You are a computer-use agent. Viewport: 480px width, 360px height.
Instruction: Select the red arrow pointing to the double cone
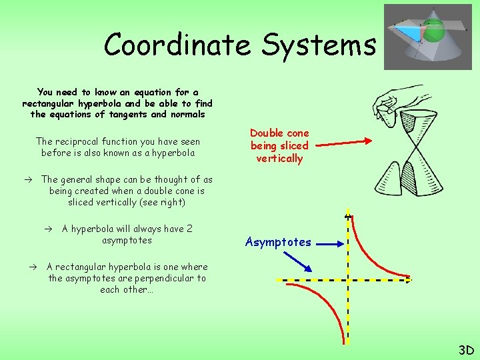click(x=341, y=141)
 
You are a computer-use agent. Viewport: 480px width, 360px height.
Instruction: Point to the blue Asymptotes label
click(x=278, y=242)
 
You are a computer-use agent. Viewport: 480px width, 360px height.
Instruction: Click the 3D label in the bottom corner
click(x=465, y=350)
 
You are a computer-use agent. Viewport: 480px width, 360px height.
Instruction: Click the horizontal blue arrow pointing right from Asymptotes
click(x=329, y=245)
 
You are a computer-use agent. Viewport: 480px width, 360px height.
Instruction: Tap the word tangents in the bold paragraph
click(x=127, y=115)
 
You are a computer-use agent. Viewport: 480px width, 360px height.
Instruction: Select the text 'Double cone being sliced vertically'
click(x=279, y=145)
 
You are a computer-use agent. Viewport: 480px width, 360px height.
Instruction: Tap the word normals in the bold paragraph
click(x=187, y=115)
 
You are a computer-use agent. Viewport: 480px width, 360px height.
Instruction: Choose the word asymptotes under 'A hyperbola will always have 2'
click(x=127, y=240)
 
